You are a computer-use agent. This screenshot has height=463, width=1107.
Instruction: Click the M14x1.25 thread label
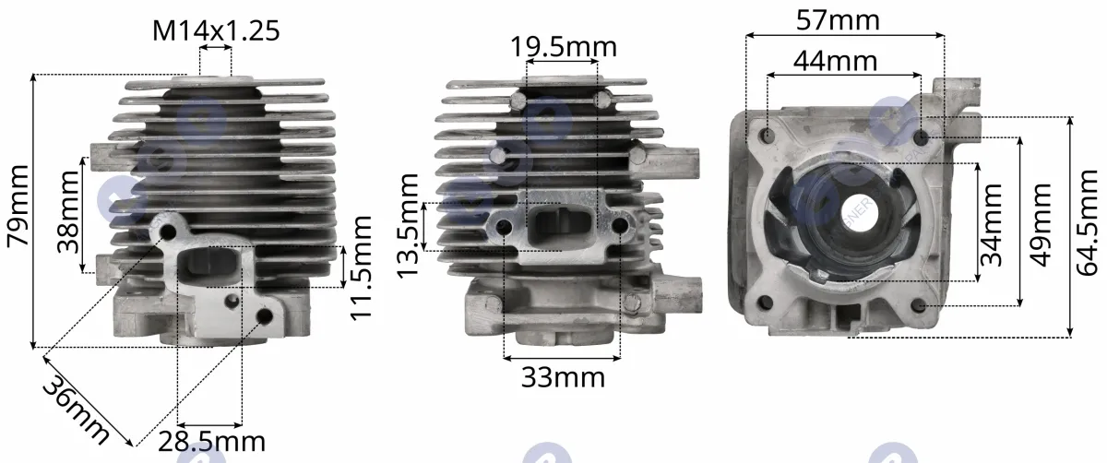tap(216, 30)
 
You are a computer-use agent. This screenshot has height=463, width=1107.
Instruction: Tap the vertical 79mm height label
tap(18, 205)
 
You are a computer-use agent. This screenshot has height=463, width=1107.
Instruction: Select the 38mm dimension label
tap(68, 211)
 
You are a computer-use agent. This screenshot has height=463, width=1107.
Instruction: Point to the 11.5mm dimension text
tap(362, 267)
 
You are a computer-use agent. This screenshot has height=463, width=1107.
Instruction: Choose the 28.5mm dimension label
tap(211, 442)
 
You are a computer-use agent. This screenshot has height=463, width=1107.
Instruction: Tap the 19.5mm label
tap(564, 47)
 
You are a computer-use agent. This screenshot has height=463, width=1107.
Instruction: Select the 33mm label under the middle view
tap(563, 378)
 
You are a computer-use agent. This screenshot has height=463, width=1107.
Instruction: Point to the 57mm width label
tap(839, 21)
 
